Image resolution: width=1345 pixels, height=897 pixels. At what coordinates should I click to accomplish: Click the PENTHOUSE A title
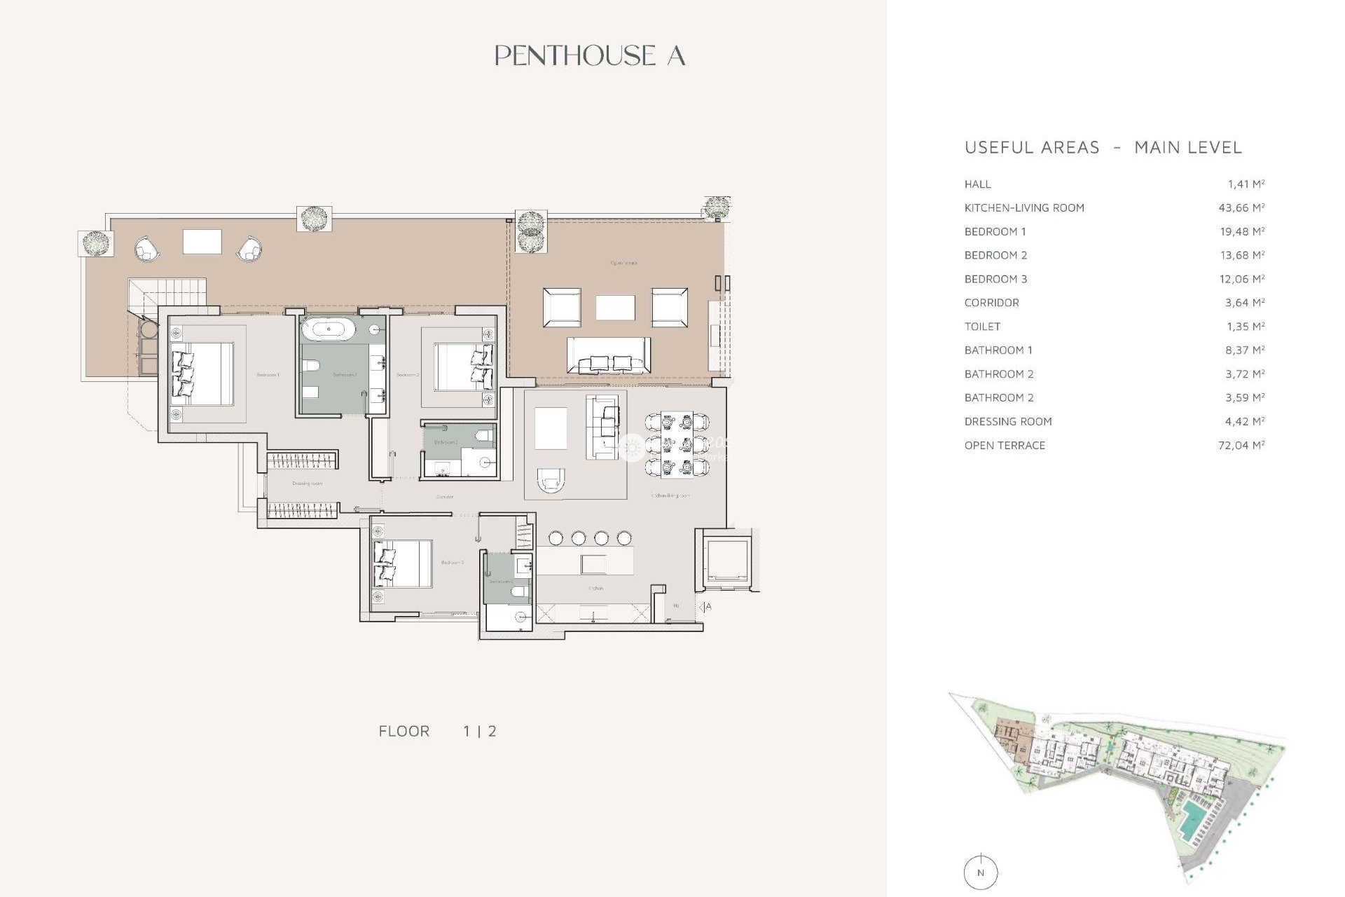(x=590, y=56)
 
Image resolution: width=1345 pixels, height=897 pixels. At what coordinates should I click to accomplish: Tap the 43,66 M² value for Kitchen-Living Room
(x=1241, y=208)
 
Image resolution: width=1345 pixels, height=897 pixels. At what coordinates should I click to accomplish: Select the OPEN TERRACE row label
(x=1005, y=446)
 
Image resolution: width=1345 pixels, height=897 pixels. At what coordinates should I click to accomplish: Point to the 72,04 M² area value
(x=1241, y=446)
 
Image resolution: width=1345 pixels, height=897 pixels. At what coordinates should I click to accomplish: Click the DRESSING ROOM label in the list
(x=1008, y=422)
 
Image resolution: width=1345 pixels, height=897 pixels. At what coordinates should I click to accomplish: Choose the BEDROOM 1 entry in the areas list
(x=995, y=232)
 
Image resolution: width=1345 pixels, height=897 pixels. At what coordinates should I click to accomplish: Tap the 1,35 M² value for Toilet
(x=1244, y=327)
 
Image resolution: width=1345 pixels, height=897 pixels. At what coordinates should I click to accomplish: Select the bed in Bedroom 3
(x=403, y=563)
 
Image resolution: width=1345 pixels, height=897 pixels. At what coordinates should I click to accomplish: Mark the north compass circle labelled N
(x=980, y=872)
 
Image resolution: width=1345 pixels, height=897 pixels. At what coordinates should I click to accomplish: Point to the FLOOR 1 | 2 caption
(x=437, y=732)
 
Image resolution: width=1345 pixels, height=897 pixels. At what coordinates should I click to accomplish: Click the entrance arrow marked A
(x=705, y=607)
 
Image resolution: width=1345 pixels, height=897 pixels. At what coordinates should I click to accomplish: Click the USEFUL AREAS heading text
(x=1032, y=148)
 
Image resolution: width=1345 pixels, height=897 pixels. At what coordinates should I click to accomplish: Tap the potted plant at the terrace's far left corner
(x=95, y=244)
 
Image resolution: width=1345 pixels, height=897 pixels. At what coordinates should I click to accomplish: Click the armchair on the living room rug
(x=551, y=479)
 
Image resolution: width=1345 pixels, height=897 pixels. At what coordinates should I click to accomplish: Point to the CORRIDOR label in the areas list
(x=991, y=303)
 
